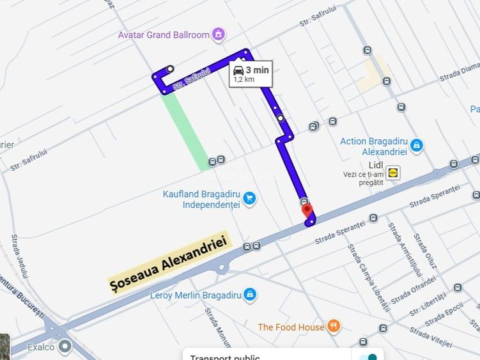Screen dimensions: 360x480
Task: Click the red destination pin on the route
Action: [x=307, y=210]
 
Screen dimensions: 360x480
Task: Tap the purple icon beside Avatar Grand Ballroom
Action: [x=219, y=35]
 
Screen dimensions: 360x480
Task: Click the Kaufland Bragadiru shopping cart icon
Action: [x=249, y=199]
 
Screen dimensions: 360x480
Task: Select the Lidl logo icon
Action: [x=393, y=172]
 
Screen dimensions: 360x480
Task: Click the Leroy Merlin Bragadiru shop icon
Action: [x=251, y=295]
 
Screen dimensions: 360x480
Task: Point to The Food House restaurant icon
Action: [x=334, y=327]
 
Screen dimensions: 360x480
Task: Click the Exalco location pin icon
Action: [x=65, y=347]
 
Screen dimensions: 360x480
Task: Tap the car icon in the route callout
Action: [x=238, y=70]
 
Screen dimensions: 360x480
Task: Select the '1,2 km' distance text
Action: [x=244, y=80]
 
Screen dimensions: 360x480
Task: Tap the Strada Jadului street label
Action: [x=20, y=256]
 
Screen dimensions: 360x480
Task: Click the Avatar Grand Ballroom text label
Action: [x=164, y=35]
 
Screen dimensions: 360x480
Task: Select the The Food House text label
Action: [x=291, y=327]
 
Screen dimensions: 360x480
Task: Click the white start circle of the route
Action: [x=170, y=68]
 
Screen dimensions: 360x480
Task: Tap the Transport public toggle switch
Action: [x=368, y=356]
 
